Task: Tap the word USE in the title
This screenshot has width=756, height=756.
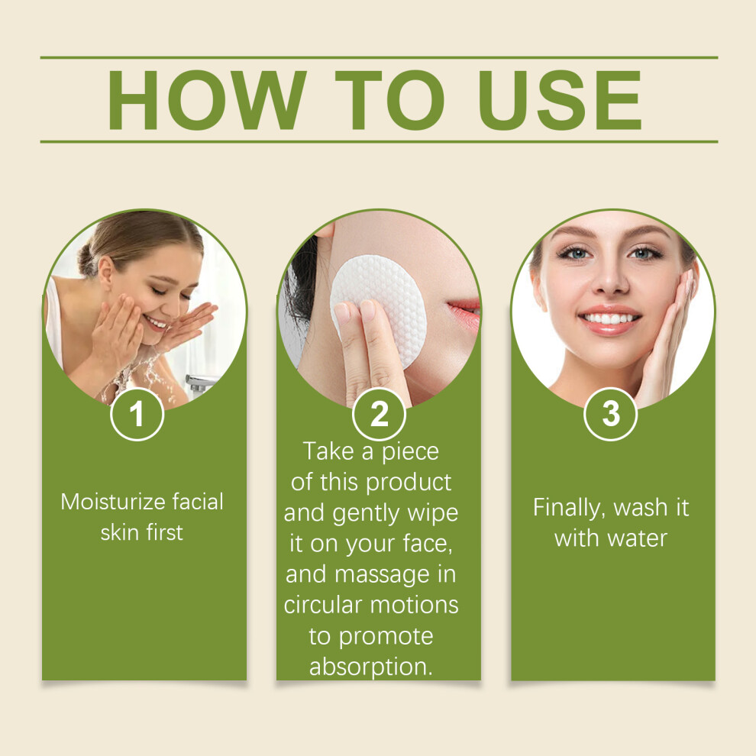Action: [559, 100]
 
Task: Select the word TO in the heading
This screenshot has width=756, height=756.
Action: [390, 100]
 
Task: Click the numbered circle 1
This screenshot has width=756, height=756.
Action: [137, 414]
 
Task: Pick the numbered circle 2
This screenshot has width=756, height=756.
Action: [379, 414]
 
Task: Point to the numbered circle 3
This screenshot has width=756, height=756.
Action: [610, 414]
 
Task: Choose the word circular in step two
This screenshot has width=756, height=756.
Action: [322, 605]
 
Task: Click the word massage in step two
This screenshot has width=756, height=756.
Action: [382, 576]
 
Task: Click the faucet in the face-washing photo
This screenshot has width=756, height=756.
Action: [200, 383]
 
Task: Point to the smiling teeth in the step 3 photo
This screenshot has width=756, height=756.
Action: [609, 318]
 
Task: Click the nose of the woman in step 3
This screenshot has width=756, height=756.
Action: [609, 279]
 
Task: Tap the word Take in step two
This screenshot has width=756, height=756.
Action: [328, 452]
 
